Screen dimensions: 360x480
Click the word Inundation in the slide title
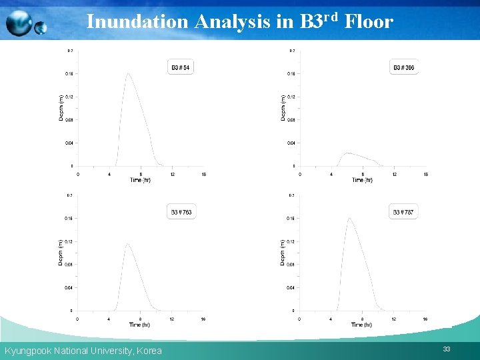point(137,22)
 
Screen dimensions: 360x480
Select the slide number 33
point(446,349)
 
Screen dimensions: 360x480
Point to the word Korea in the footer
point(148,351)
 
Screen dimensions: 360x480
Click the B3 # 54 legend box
point(181,67)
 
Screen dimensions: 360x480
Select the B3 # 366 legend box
point(403,67)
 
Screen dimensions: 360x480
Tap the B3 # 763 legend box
point(181,212)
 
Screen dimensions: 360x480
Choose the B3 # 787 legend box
point(403,212)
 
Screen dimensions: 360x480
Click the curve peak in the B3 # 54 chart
point(127,73)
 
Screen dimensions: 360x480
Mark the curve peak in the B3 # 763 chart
point(127,245)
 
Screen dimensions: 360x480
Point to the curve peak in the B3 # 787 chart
point(349,218)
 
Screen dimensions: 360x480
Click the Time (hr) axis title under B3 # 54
point(140,180)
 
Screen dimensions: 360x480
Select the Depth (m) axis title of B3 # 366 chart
point(283,107)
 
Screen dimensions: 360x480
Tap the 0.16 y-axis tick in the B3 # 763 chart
point(69,218)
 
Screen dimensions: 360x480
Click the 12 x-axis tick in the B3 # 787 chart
point(394,319)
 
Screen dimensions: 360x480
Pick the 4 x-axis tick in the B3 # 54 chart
point(109,175)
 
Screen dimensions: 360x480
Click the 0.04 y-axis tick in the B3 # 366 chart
point(291,143)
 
